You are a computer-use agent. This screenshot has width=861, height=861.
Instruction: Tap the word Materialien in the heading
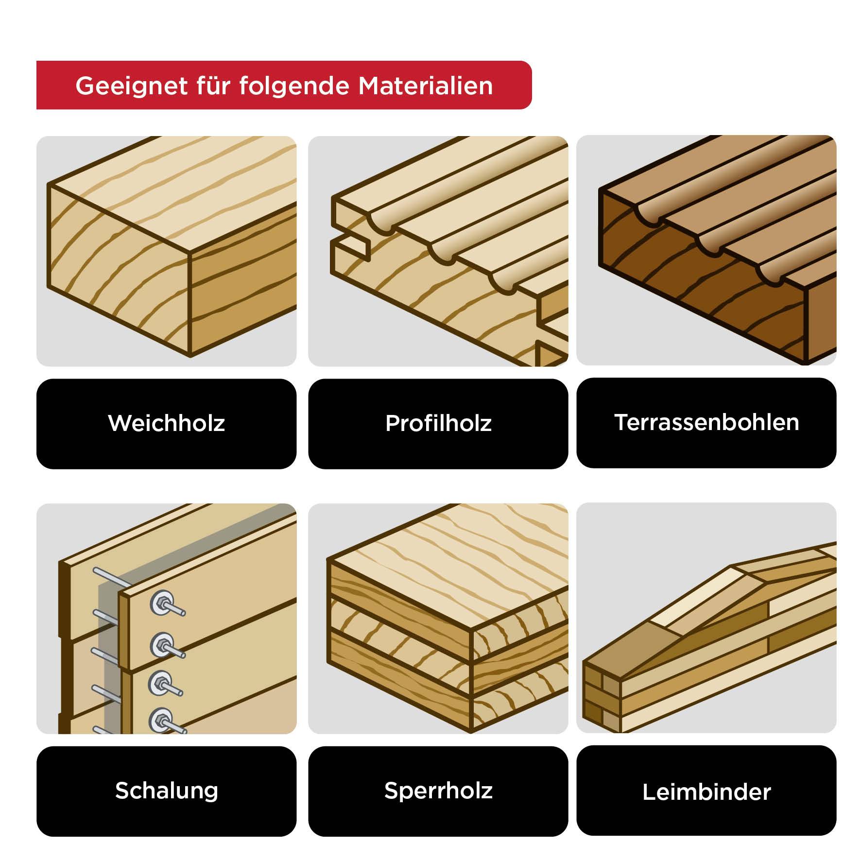[x=426, y=86]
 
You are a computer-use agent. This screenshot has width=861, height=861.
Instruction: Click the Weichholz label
[x=166, y=423]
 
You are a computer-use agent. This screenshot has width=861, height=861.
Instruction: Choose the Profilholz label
[x=438, y=423]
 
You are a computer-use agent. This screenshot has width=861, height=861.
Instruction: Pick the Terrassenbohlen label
[x=706, y=422]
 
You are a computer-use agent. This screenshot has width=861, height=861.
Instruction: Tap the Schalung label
[x=166, y=791]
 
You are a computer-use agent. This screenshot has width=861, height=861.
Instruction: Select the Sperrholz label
[x=438, y=791]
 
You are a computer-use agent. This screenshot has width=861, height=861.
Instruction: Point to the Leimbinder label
[x=706, y=792]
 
